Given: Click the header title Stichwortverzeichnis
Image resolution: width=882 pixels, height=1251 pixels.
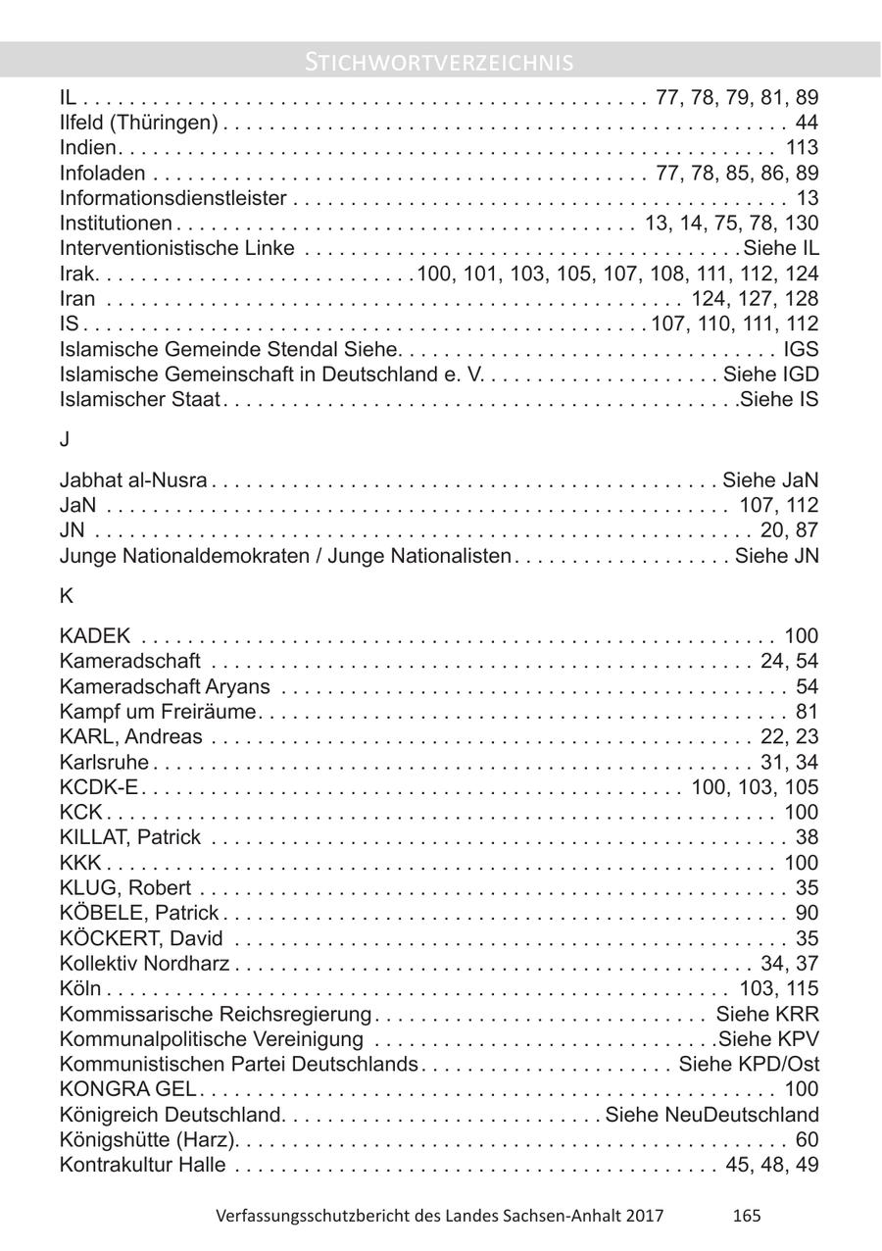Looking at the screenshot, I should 440,63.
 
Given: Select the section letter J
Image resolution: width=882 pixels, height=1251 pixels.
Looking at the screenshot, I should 65,440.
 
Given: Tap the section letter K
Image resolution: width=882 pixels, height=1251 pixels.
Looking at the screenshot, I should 66,595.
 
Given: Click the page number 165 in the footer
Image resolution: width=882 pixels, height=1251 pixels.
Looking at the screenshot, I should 746,1216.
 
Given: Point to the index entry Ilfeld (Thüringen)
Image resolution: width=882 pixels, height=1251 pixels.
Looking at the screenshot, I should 138,123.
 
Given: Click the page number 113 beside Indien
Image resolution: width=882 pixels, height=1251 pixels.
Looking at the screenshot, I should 802,148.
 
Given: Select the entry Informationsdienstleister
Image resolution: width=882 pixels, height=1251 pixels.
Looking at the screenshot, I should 172,199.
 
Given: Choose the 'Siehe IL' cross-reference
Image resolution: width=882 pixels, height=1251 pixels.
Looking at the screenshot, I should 781,249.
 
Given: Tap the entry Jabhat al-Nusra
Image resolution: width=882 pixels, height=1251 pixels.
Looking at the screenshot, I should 133,480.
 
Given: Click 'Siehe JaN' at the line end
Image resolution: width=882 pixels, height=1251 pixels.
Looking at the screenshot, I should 770,480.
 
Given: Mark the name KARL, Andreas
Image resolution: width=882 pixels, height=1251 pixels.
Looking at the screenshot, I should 130,737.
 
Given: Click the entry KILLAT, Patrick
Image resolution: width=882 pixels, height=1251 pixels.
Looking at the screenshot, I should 129,837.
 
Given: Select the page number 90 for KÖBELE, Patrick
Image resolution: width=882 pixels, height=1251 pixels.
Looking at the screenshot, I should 807,914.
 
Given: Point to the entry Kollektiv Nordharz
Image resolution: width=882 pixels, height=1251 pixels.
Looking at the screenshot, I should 144,964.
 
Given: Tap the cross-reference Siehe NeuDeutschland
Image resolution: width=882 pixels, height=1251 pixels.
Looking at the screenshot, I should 712,1116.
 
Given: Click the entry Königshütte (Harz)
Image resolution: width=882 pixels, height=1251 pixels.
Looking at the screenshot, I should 150,1140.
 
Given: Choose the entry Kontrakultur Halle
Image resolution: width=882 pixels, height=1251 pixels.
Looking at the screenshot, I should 142,1166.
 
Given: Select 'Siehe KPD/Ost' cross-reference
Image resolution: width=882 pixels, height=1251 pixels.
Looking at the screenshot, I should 749,1065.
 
